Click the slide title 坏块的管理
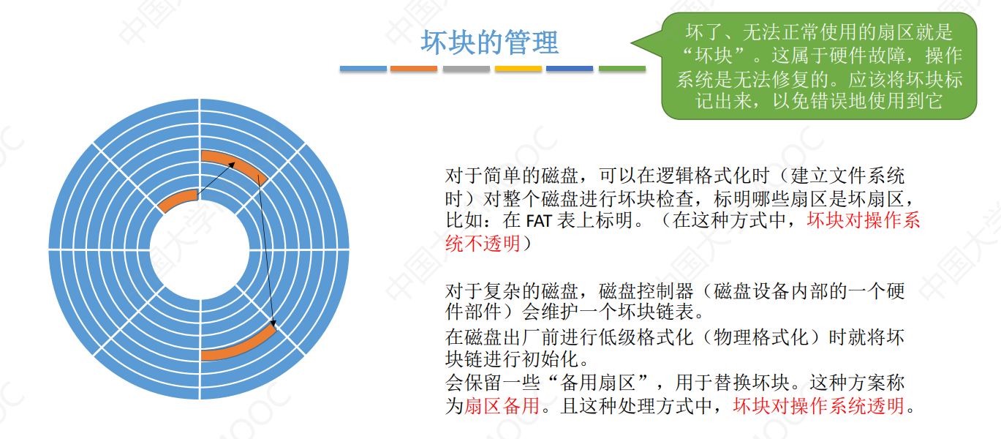pyautogui.click(x=489, y=42)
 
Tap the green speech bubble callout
pyautogui.click(x=819, y=66)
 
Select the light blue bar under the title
pyautogui.click(x=363, y=69)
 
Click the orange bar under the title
pyautogui.click(x=414, y=69)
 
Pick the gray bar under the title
pyautogui.click(x=466, y=69)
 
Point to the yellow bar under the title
pyautogui.click(x=518, y=69)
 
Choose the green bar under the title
pyautogui.click(x=622, y=69)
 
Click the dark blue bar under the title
pyautogui.click(x=570, y=69)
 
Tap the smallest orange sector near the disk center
pyautogui.click(x=178, y=200)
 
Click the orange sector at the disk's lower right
pyautogui.click(x=241, y=345)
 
